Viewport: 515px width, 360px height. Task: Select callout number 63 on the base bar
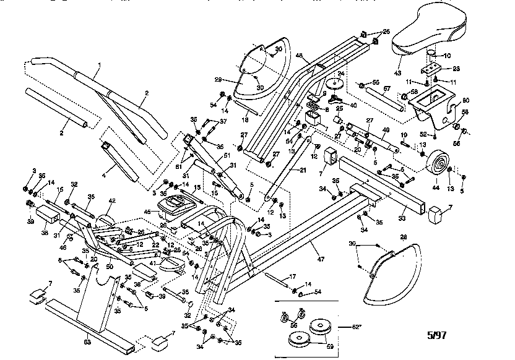[87, 341]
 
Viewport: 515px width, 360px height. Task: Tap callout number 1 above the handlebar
[97, 65]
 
